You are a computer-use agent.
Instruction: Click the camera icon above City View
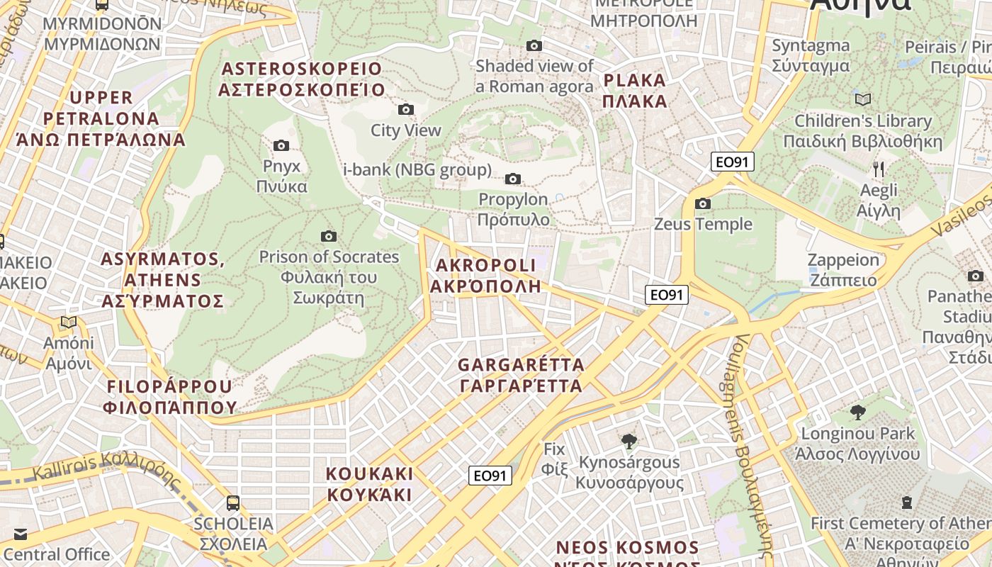tap(406, 109)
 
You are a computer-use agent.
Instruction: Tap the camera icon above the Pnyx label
tap(281, 145)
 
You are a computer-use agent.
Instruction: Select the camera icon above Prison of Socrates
tap(329, 236)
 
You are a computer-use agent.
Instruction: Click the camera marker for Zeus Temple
tap(703, 204)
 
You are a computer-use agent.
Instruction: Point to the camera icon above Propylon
tap(513, 179)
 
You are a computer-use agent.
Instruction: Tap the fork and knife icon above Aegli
tap(879, 169)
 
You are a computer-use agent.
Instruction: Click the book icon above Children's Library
tap(863, 99)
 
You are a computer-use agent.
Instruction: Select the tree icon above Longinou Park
tap(858, 412)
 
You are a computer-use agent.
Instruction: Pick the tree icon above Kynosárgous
tap(629, 442)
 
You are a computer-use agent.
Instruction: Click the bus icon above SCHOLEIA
tap(233, 503)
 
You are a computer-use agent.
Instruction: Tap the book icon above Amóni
tap(69, 322)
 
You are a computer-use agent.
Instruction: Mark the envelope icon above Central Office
tap(20, 534)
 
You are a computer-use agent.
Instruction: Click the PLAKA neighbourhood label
tap(635, 90)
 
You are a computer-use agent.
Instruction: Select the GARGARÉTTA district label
tap(521, 376)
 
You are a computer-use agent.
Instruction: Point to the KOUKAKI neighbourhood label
tap(369, 484)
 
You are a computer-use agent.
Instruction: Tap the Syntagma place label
tap(811, 55)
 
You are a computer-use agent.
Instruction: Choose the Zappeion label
tap(843, 269)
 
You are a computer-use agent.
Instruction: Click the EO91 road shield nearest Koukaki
tap(490, 476)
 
